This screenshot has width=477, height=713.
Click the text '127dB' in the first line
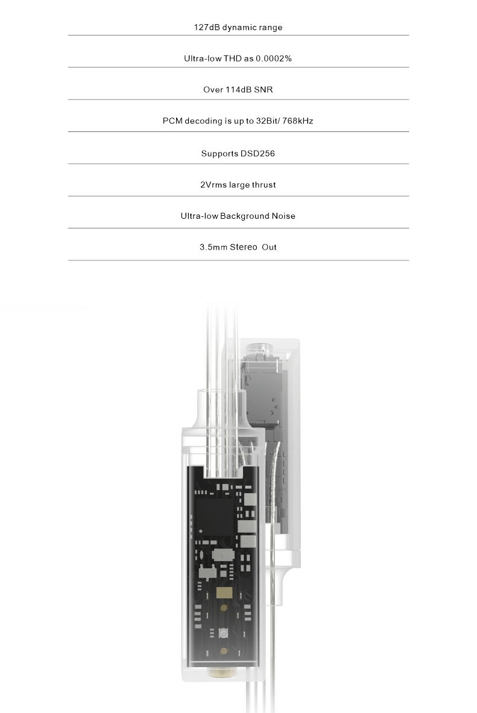click(x=207, y=27)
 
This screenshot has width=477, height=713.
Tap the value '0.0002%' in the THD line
click(x=274, y=58)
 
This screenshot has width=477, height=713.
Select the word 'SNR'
click(x=264, y=90)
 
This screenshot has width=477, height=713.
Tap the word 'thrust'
click(x=264, y=184)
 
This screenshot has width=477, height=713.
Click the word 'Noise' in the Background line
click(x=283, y=216)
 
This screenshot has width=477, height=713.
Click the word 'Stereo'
click(x=244, y=247)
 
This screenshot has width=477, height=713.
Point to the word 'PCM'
click(x=172, y=121)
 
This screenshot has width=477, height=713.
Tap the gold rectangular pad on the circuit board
click(x=224, y=592)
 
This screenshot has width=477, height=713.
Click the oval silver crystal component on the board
click(x=223, y=554)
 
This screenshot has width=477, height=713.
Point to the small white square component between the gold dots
click(x=224, y=633)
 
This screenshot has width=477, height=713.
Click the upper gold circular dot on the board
click(x=224, y=608)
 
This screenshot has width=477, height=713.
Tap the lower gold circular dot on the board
click(x=224, y=651)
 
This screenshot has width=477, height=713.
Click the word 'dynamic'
click(x=240, y=27)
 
